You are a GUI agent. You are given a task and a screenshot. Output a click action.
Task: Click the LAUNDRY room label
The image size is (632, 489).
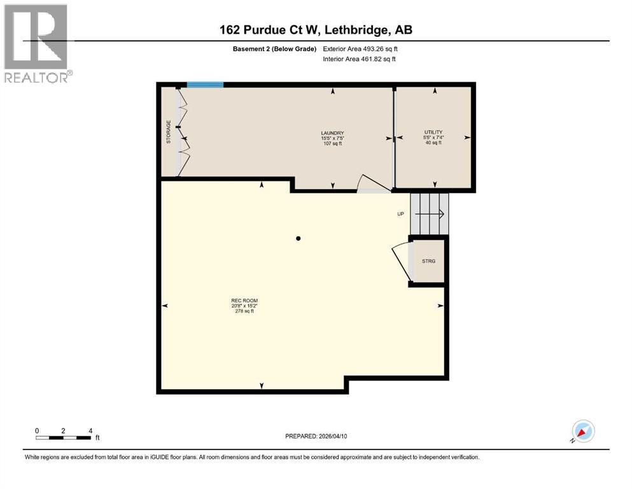pos(332,132)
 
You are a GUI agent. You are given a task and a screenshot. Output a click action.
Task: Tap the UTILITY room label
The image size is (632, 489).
pos(434,132)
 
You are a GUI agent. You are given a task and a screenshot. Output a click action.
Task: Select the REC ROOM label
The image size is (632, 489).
pos(244,301)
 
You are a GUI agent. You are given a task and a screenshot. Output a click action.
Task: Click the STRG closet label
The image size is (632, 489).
pos(428,261)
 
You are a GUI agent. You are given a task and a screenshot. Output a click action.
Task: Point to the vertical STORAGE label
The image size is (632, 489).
pos(169,132)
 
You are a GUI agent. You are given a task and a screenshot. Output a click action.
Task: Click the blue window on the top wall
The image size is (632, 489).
pos(205,85)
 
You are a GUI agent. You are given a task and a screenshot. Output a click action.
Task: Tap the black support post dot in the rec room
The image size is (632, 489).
pos(298,239)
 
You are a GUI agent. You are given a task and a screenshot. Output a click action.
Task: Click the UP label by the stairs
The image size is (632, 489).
pos(400,214)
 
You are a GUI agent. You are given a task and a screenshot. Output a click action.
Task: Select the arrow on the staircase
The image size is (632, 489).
pos(433,215)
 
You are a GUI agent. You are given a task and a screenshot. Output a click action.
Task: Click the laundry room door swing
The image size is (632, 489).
pos(371,184)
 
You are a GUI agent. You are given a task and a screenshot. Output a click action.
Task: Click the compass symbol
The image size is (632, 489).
pos(582,431)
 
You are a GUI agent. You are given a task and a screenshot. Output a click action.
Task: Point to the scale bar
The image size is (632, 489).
pos(64,437)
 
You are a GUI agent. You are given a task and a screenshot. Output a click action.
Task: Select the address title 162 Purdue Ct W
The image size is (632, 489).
pos(315,30)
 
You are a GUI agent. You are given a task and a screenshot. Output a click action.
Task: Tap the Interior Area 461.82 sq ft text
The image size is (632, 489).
pos(360,59)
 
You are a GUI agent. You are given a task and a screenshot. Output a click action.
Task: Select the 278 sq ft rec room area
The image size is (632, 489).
pos(244,311)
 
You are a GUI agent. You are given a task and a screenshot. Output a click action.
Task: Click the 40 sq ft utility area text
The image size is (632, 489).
pos(434,143)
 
